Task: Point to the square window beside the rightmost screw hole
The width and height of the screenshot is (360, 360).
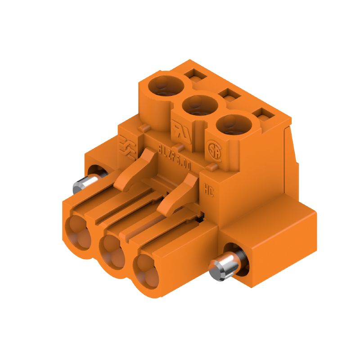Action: (x=263, y=115)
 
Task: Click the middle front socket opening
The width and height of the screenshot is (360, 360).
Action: (x=112, y=250)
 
